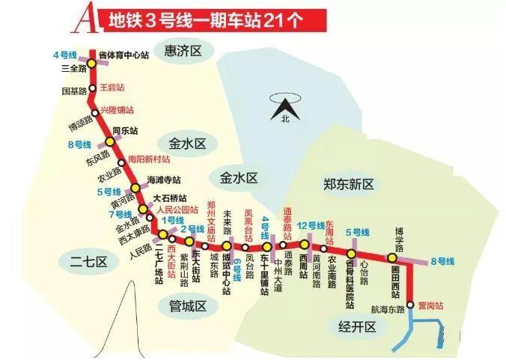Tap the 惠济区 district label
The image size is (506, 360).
pyautogui.click(x=183, y=51)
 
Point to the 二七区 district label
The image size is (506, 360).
pyautogui.click(x=90, y=261)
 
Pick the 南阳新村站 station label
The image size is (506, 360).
pyautogui.click(x=149, y=159)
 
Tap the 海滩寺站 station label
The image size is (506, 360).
pyautogui.click(x=164, y=180)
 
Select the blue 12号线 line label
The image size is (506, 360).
pyautogui.click(x=311, y=225)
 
